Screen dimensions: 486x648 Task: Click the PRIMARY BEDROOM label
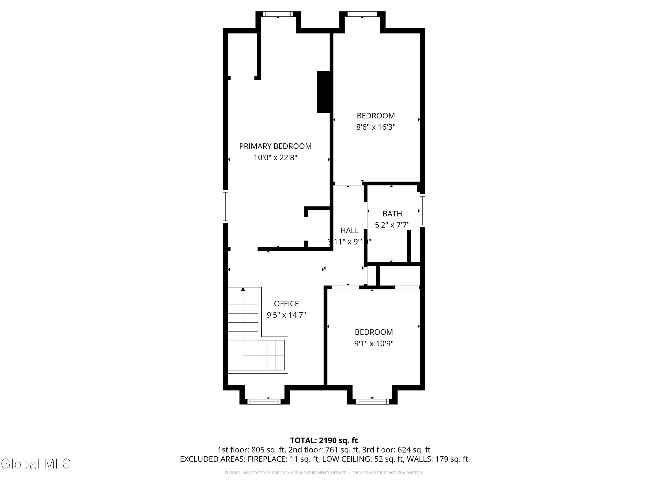(x=275, y=146)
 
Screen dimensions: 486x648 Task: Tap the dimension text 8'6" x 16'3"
(x=376, y=127)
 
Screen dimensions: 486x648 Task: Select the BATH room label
(x=392, y=214)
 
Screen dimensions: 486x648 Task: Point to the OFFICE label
(x=286, y=303)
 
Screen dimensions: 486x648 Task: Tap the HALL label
(x=349, y=230)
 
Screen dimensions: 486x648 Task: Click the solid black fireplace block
(x=323, y=92)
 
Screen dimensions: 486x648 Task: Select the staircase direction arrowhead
(x=243, y=289)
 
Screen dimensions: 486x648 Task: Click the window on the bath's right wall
(x=422, y=211)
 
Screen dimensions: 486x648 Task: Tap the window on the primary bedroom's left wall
(x=225, y=206)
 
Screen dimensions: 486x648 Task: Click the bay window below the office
(x=264, y=402)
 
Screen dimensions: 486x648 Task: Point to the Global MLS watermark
(x=36, y=464)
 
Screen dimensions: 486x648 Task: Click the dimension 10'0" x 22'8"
(x=275, y=158)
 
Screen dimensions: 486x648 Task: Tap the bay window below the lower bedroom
(x=372, y=402)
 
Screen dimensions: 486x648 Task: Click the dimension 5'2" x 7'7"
(x=392, y=225)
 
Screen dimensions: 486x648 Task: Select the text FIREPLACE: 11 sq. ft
(x=283, y=459)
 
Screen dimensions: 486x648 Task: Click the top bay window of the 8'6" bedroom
(x=362, y=14)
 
